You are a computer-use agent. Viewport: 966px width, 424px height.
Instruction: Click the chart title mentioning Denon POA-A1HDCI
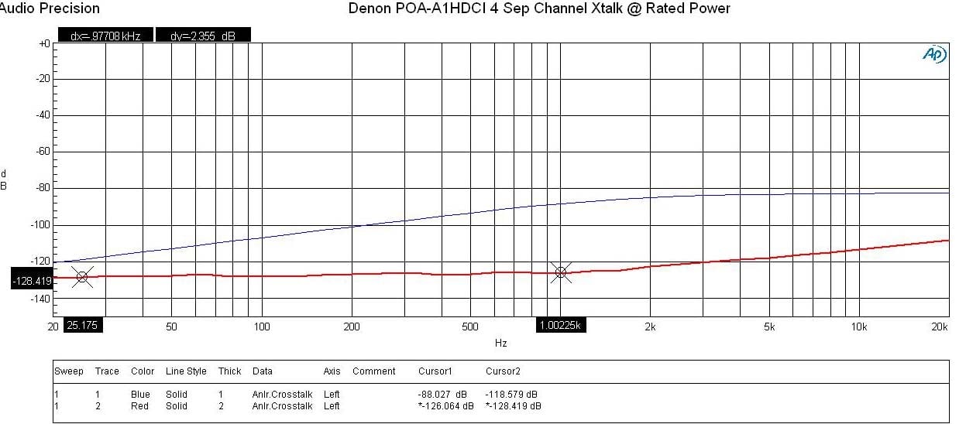click(x=539, y=9)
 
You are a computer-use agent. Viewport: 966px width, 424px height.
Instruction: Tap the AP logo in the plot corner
click(x=933, y=54)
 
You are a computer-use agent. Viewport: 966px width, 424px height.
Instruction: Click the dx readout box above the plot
click(x=105, y=36)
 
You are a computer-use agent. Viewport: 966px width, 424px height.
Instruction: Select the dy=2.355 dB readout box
click(x=203, y=36)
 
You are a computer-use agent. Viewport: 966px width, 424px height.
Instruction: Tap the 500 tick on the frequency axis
click(x=469, y=327)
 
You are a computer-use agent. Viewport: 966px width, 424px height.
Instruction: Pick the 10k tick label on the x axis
click(x=858, y=327)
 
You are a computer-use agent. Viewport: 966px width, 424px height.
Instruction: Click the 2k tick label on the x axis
click(x=651, y=327)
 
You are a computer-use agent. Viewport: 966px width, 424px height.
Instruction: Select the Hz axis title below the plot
click(x=500, y=342)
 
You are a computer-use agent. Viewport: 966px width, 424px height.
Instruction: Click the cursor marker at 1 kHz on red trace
click(x=561, y=272)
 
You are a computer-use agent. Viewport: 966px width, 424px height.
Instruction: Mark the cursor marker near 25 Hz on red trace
click(x=82, y=276)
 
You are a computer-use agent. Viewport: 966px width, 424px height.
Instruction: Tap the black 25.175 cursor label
click(x=82, y=326)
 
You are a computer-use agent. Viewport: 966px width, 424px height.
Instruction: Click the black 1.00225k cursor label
click(x=562, y=326)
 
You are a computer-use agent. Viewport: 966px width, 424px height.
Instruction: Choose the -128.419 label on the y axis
click(x=32, y=280)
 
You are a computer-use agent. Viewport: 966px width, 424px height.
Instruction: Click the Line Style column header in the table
click(x=186, y=371)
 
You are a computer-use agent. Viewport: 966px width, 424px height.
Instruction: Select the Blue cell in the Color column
click(x=140, y=395)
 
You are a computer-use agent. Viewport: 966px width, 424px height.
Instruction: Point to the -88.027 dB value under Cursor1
click(x=445, y=395)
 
